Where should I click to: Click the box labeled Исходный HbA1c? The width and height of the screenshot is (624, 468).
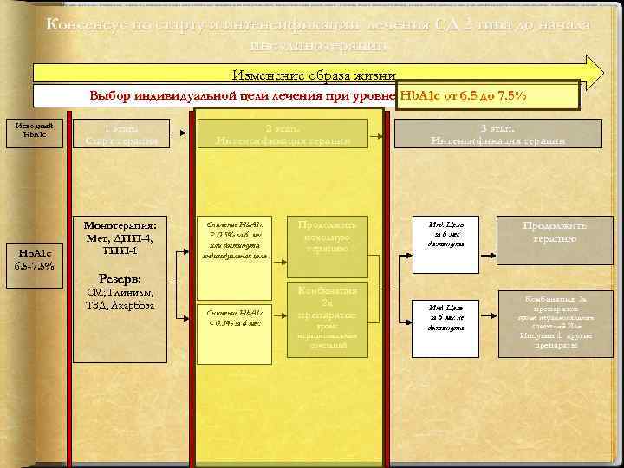point(36,133)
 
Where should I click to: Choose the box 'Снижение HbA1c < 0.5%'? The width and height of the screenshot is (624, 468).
point(236,316)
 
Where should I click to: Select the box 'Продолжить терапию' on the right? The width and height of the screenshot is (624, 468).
point(556,231)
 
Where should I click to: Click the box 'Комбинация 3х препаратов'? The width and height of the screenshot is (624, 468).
point(556,322)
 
